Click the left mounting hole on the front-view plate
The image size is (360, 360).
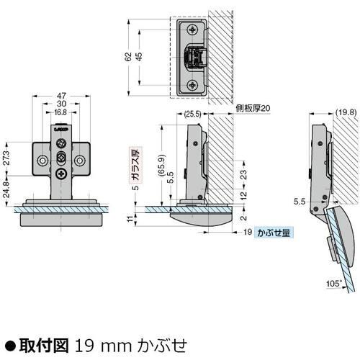click(44, 158)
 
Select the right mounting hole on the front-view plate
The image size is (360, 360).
click(80, 158)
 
